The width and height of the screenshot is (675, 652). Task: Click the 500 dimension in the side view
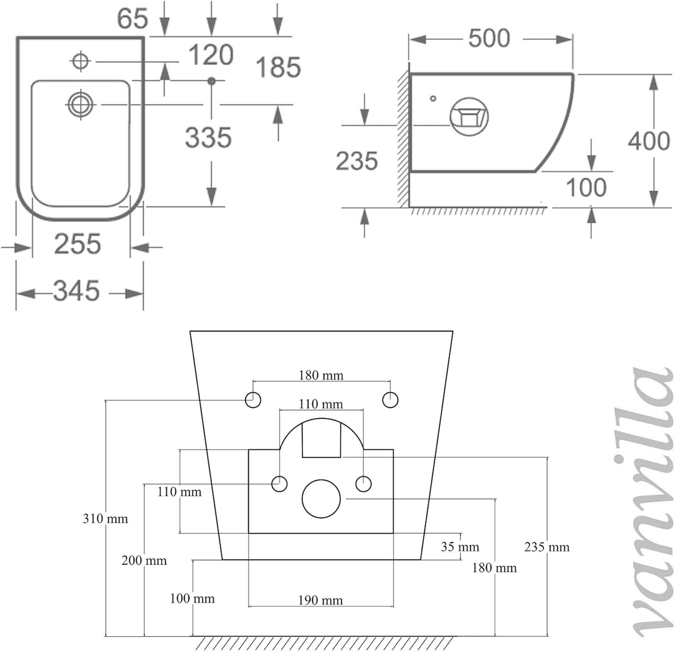(x=489, y=38)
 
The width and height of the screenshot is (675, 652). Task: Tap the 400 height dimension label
(x=649, y=141)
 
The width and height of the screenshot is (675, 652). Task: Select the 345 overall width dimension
(x=76, y=291)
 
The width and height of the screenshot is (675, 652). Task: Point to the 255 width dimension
(x=77, y=244)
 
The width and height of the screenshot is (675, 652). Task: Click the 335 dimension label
(x=208, y=137)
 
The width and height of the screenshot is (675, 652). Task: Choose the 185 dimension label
(x=278, y=67)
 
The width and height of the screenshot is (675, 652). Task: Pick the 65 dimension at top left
(x=132, y=18)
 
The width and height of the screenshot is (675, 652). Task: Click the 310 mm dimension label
(x=105, y=519)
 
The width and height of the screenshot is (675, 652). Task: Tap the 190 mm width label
(x=320, y=600)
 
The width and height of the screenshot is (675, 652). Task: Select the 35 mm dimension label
(x=460, y=547)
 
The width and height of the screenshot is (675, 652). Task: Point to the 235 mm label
(x=547, y=547)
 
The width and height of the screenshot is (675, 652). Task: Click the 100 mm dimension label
(x=192, y=598)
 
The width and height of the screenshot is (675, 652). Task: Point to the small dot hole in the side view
(x=433, y=98)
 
